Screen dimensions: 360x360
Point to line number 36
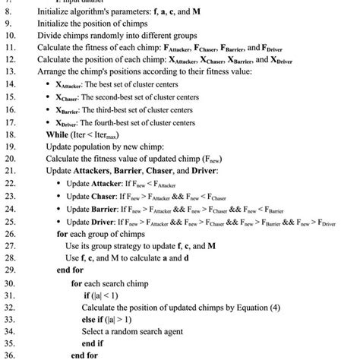[10, 353]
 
